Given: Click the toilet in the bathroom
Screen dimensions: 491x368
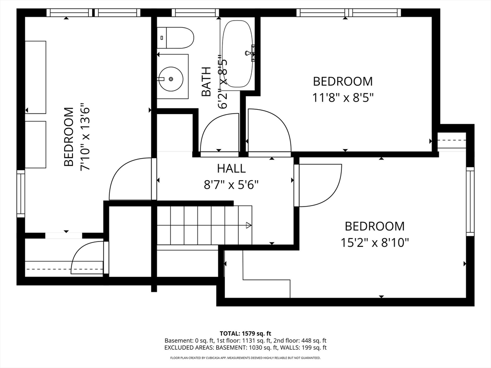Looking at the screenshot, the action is (x=175, y=38).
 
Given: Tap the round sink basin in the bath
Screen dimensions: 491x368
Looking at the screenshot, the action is (x=171, y=79).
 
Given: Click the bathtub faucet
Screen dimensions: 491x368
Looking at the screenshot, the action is (x=250, y=53).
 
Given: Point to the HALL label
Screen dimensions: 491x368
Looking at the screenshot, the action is (x=232, y=168).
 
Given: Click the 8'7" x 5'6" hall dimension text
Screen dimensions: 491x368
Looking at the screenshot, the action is (x=231, y=185).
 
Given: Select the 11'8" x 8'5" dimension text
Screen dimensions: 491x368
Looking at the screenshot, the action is (x=343, y=98).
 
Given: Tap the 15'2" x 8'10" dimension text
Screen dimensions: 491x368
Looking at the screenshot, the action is (x=374, y=243).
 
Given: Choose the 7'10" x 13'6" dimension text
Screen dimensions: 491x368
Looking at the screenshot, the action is (x=85, y=137).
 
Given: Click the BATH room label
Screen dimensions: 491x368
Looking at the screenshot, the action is (x=206, y=81).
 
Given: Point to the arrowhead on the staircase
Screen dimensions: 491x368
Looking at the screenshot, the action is (x=249, y=225).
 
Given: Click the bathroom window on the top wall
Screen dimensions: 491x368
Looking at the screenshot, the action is (x=195, y=12).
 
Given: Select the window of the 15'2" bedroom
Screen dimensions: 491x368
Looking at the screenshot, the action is (x=470, y=202).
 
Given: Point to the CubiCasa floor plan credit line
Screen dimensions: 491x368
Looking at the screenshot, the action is (x=245, y=357).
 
